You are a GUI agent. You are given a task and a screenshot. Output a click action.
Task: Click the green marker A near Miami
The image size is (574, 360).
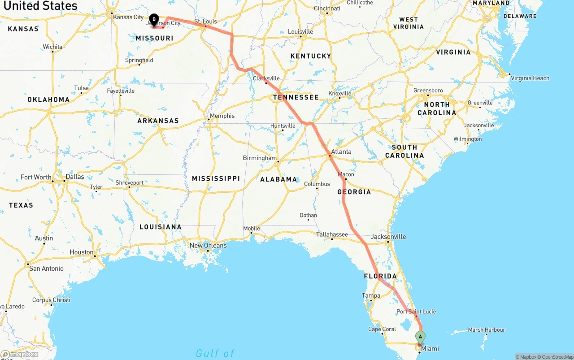click(420, 337)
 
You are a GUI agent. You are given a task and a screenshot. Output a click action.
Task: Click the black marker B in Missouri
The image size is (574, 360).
click(154, 20)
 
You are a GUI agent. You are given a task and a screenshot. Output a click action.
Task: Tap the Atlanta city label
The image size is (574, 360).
click(341, 152)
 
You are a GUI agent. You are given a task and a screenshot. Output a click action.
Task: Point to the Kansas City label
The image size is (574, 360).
click(129, 17)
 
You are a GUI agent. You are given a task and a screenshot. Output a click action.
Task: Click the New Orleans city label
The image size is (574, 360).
click(208, 246)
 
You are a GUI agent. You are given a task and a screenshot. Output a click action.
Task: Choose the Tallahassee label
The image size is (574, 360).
click(332, 234)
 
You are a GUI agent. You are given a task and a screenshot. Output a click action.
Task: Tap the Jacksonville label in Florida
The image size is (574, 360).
click(388, 237)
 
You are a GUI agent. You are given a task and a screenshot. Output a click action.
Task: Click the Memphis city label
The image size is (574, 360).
click(222, 116)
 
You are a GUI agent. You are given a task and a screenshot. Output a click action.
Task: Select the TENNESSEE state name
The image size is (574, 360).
click(296, 97)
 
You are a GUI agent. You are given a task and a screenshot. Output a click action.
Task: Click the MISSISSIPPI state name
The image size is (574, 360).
click(216, 178)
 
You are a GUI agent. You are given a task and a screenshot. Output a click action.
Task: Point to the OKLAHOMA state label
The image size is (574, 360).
click(48, 100)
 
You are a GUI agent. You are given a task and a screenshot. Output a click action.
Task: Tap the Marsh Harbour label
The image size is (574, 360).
click(487, 330)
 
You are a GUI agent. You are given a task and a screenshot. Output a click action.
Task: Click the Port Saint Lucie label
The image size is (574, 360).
click(416, 312)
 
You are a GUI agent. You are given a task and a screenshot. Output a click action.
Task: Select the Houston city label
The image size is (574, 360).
click(82, 252)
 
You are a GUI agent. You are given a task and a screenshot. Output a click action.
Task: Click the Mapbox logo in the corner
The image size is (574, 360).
click(20, 355)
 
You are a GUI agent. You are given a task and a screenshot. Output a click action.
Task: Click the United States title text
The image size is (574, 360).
click(40, 6)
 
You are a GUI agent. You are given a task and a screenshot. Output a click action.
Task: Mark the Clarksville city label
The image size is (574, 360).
click(266, 78)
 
